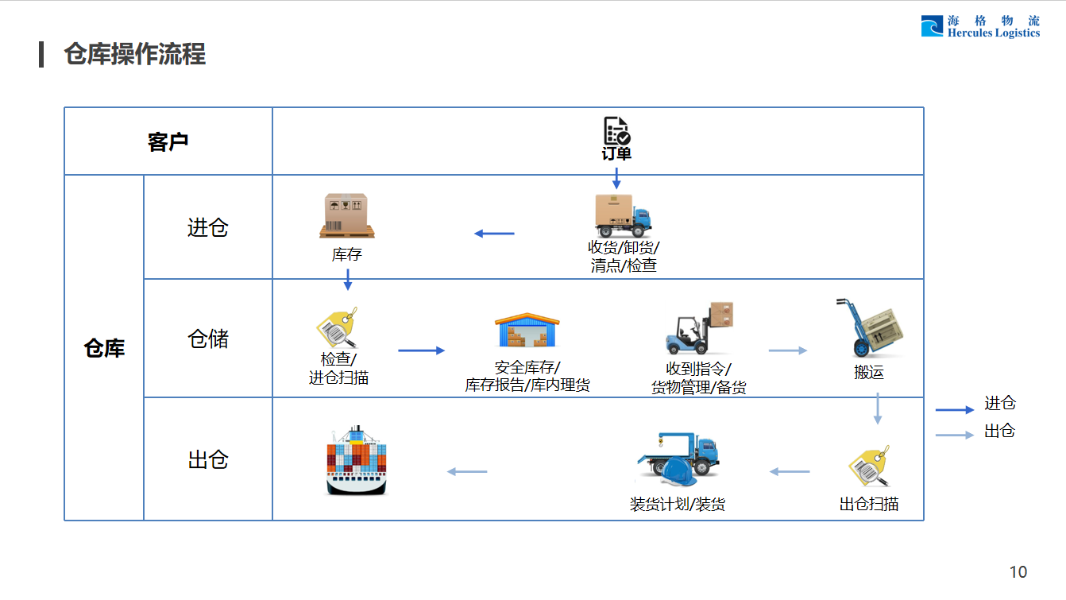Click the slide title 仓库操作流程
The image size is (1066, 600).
tap(135, 54)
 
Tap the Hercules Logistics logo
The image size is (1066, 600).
tap(980, 27)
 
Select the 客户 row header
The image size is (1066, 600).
tap(168, 142)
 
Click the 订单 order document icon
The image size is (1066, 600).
tap(616, 131)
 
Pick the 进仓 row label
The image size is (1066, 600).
tap(208, 228)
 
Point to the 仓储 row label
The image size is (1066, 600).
tap(208, 339)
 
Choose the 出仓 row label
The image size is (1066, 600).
tap(208, 459)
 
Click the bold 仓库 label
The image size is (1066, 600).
tap(104, 348)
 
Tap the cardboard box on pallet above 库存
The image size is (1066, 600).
tap(347, 215)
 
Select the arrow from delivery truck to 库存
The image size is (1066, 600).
tap(494, 234)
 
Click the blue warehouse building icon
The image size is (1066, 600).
tap(527, 330)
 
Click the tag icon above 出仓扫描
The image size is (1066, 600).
tap(869, 466)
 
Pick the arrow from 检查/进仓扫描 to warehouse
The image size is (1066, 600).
tap(421, 350)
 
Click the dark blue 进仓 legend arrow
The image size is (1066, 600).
tap(954, 410)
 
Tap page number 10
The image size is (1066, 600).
tap(1018, 572)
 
